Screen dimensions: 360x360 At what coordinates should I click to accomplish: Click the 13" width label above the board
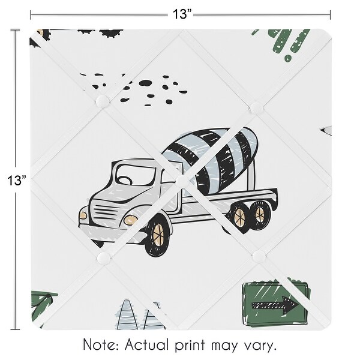[x=179, y=14]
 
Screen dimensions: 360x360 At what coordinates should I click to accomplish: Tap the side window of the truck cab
[x=128, y=177]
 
